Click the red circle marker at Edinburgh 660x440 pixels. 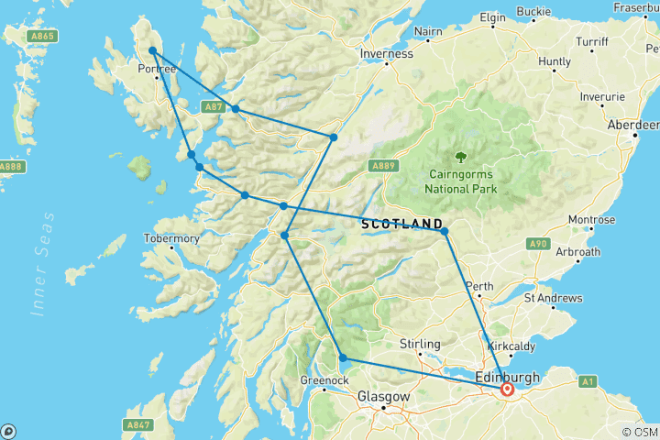coord(507,390)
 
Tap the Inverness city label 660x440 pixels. coord(386,53)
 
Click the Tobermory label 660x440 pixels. coord(171,238)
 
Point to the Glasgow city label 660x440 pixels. coord(383,397)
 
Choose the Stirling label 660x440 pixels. coord(421,344)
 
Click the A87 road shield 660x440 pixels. coord(213,107)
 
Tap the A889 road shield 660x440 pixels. coord(383,166)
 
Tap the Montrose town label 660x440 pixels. coord(591,220)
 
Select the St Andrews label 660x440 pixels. coord(553,298)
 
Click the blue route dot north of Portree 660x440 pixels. coord(152,51)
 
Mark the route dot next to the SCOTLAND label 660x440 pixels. coord(445,232)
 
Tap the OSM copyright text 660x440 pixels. coord(639,432)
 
